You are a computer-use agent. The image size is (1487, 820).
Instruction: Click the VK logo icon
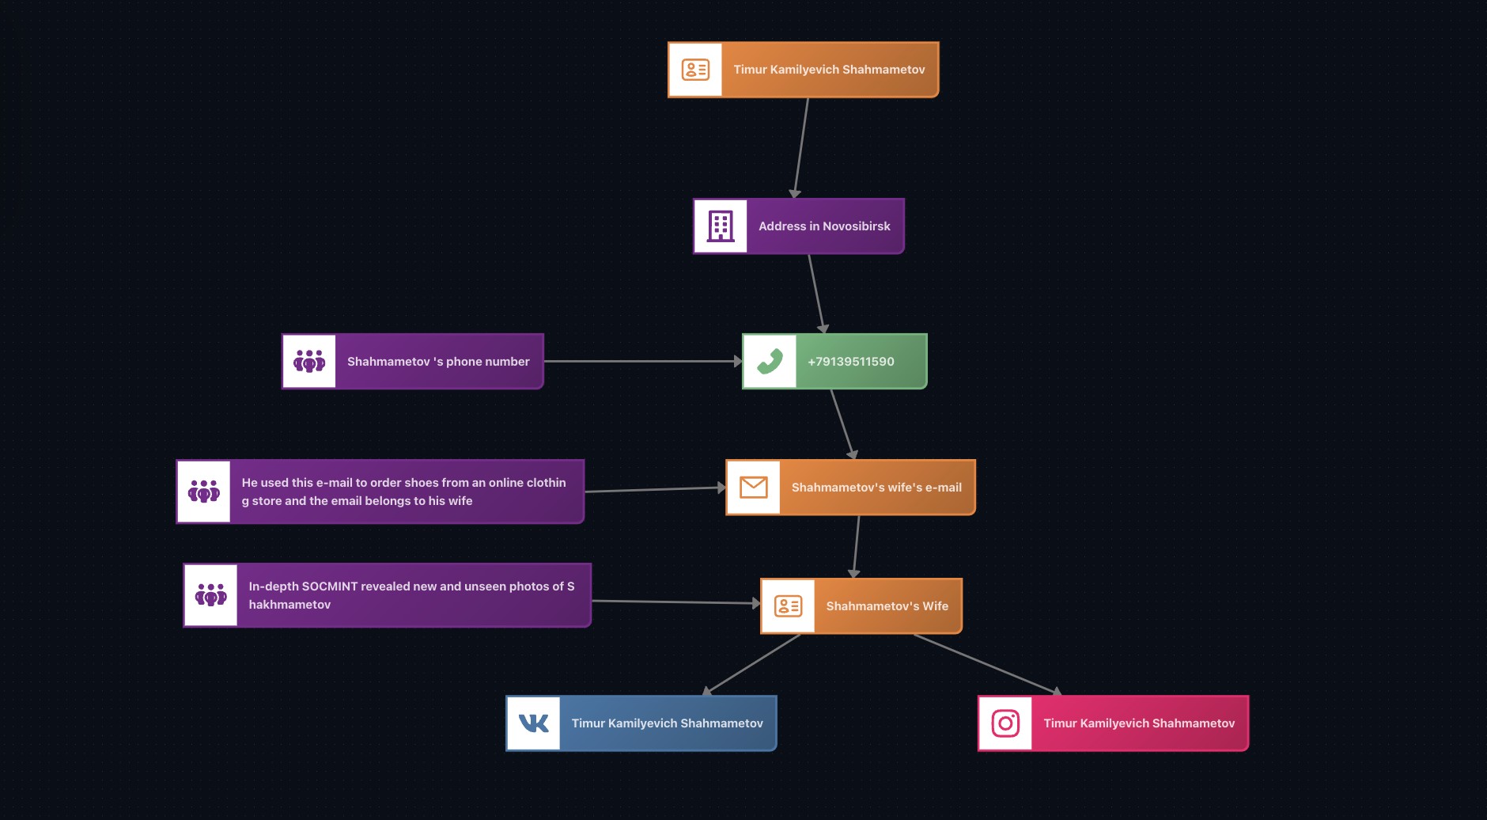pyautogui.click(x=533, y=723)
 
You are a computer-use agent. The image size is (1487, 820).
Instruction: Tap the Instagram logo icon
pyautogui.click(x=1005, y=723)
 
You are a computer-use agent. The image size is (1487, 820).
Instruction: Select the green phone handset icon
pyautogui.click(x=770, y=362)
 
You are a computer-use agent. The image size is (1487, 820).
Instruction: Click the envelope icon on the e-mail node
pyautogui.click(x=754, y=488)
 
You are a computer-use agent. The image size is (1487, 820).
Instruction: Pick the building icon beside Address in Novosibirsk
pyautogui.click(x=721, y=226)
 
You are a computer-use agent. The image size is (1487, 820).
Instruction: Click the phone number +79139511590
pyautogui.click(x=850, y=362)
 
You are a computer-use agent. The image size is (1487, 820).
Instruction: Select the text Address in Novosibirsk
pyautogui.click(x=824, y=226)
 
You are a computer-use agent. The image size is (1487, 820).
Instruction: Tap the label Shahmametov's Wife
pyautogui.click(x=887, y=606)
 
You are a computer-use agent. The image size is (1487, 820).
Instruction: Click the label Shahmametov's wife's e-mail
pyautogui.click(x=876, y=488)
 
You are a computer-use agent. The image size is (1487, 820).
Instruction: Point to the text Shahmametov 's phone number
pyautogui.click(x=438, y=362)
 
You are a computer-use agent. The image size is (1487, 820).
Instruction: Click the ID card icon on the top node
pyautogui.click(x=695, y=70)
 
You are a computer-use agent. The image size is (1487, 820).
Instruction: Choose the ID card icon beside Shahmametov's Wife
pyautogui.click(x=789, y=606)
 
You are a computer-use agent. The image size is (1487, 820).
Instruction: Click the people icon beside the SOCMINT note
pyautogui.click(x=211, y=595)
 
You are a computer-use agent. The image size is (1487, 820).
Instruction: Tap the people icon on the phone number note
pyautogui.click(x=309, y=362)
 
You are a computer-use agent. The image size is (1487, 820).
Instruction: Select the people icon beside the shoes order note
pyautogui.click(x=204, y=492)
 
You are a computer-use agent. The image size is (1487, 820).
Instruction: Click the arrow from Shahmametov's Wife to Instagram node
pyautogui.click(x=986, y=664)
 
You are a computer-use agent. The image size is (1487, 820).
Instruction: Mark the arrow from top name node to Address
pyautogui.click(x=801, y=147)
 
